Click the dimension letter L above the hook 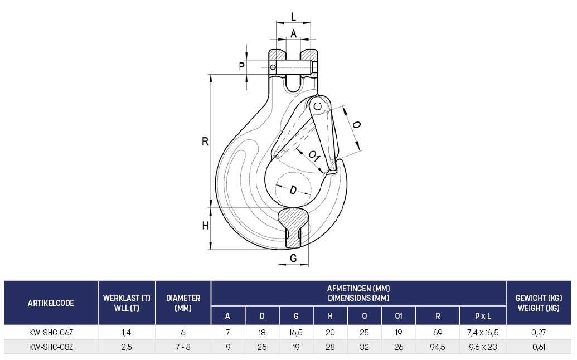293,17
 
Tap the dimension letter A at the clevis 293,33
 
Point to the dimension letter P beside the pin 242,66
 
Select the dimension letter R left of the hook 205,141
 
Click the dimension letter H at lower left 205,225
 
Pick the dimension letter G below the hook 293,258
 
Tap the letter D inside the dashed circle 293,190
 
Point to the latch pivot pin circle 318,106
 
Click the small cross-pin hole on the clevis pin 273,67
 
